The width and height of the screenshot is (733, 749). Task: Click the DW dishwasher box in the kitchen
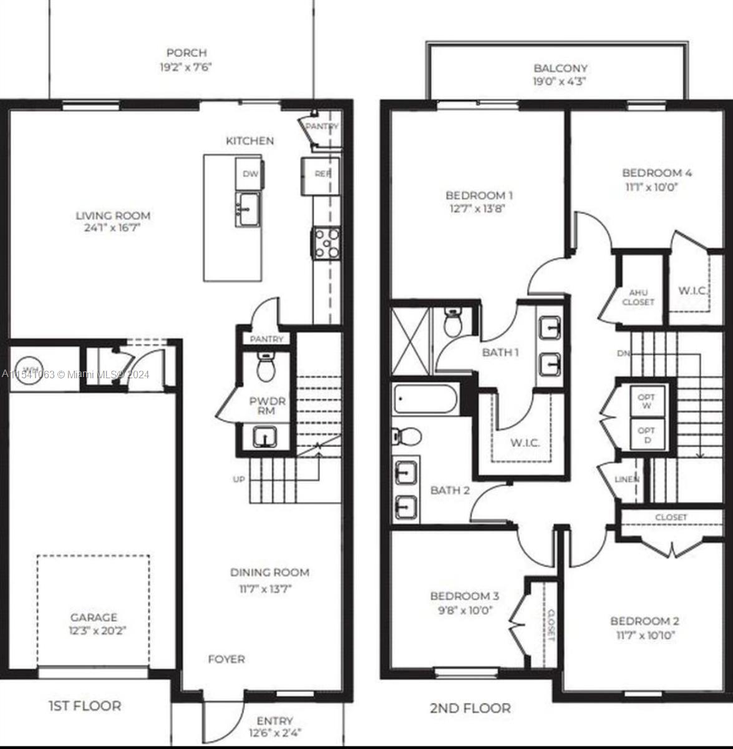click(x=250, y=174)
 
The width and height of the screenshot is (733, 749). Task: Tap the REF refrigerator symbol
click(x=321, y=174)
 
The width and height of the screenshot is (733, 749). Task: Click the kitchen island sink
click(x=249, y=208)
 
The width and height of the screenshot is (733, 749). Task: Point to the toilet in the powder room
click(x=266, y=368)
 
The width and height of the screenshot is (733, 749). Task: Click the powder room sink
click(x=266, y=436)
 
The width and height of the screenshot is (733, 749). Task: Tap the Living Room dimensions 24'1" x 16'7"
click(x=113, y=228)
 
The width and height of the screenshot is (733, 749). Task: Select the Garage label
click(x=93, y=618)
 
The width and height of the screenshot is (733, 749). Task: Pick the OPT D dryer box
click(x=647, y=434)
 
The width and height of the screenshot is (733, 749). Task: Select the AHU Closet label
click(x=638, y=297)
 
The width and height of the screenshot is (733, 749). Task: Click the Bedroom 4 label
click(x=656, y=173)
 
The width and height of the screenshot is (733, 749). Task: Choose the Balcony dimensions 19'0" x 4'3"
click(x=560, y=81)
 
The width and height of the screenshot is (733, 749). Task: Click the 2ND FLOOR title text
click(x=470, y=708)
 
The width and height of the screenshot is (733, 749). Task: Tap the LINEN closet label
click(x=626, y=479)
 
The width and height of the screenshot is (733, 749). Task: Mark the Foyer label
click(x=226, y=659)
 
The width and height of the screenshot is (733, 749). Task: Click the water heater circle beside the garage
click(x=29, y=368)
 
